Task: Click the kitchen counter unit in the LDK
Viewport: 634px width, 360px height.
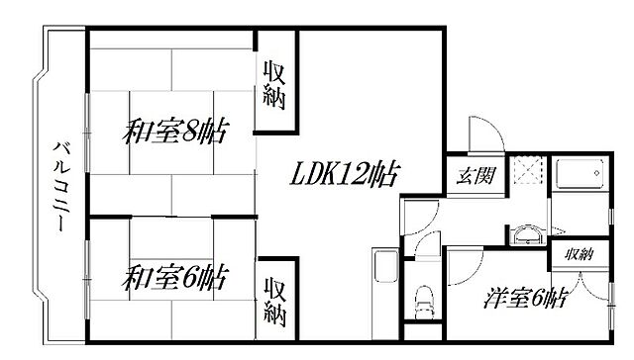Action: click(385, 280)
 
